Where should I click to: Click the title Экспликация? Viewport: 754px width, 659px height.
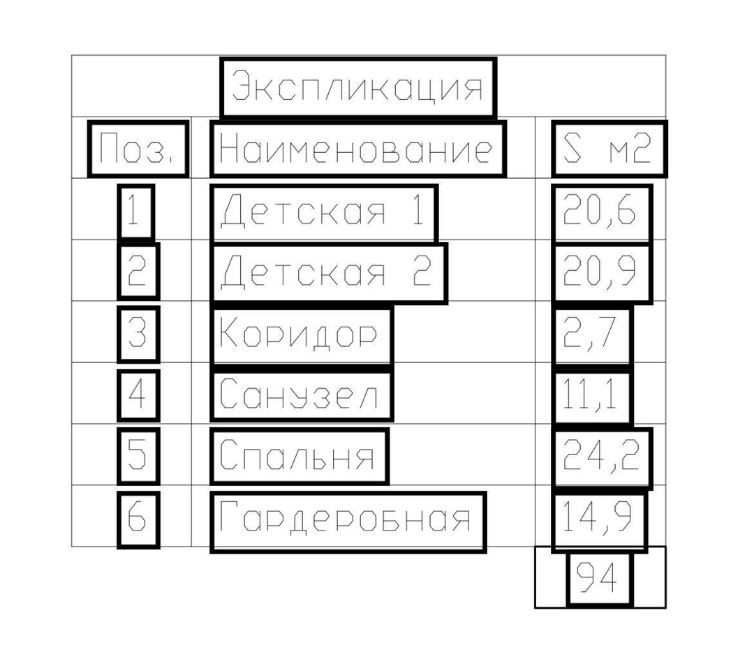357,87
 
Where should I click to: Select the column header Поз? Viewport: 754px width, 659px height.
136,148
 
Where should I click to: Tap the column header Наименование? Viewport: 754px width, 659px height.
356,148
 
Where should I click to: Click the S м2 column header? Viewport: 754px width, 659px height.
607,148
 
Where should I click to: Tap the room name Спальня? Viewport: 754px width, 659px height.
297,454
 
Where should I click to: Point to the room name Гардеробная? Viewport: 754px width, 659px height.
346,517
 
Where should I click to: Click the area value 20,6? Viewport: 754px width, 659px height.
600,211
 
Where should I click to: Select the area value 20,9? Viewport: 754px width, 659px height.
600,272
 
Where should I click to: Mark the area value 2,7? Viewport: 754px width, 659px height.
589,333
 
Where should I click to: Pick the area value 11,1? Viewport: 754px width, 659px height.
589,395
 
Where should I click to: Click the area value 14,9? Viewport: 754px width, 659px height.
597,517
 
